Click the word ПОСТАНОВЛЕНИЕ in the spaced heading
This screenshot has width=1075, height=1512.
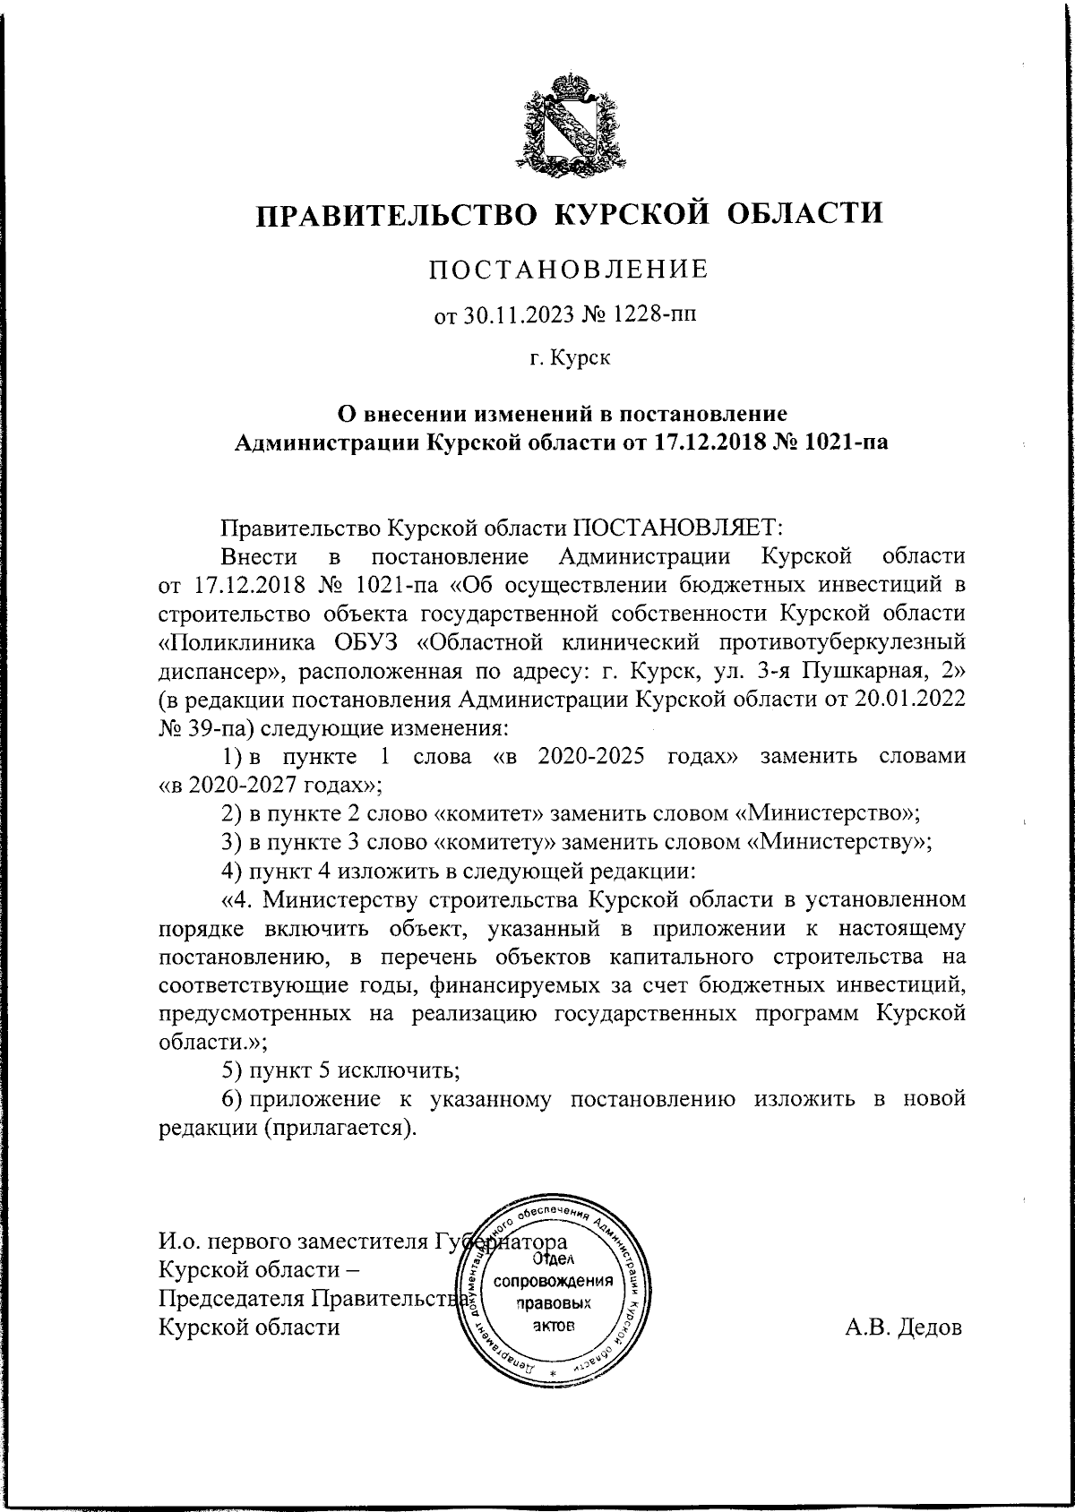coord(568,270)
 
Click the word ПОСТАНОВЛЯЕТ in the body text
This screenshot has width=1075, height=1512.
coord(678,527)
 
